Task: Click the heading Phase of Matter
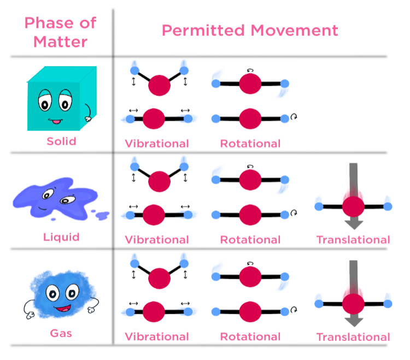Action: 60,31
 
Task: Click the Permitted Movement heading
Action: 250,30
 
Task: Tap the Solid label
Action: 61,141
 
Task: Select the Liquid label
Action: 61,237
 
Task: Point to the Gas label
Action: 61,332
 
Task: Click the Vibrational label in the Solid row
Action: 157,144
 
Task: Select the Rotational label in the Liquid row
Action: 250,239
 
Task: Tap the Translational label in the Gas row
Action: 353,337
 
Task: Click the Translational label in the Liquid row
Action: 353,239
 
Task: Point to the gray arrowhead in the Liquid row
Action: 354,223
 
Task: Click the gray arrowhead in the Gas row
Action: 354,321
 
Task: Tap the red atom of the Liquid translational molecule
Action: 353,206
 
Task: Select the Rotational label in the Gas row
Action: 250,337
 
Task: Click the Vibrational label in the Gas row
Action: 157,337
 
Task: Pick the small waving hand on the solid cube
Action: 86,116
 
